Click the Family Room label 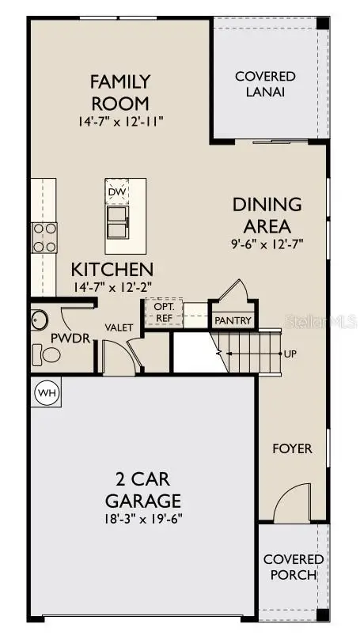click(x=119, y=91)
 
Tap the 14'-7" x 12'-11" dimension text click(x=119, y=122)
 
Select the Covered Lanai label click(x=265, y=84)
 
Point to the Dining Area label click(x=267, y=214)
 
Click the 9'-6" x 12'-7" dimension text click(x=267, y=244)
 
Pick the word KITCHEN click(x=112, y=270)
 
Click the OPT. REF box click(x=164, y=312)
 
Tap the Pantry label click(x=233, y=320)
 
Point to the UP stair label click(x=290, y=354)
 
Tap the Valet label click(x=118, y=326)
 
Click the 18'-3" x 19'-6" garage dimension click(x=143, y=519)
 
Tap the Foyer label click(x=292, y=448)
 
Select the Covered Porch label click(x=293, y=567)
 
